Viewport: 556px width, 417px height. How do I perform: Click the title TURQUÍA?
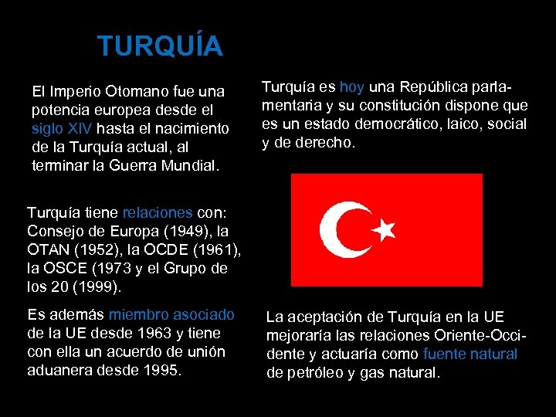click(x=160, y=47)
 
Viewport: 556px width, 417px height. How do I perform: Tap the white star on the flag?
click(x=385, y=228)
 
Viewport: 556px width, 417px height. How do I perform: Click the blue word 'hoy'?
click(x=352, y=87)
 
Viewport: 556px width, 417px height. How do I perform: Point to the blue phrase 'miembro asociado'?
click(x=171, y=315)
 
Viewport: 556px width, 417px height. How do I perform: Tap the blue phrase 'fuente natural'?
click(x=471, y=354)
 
